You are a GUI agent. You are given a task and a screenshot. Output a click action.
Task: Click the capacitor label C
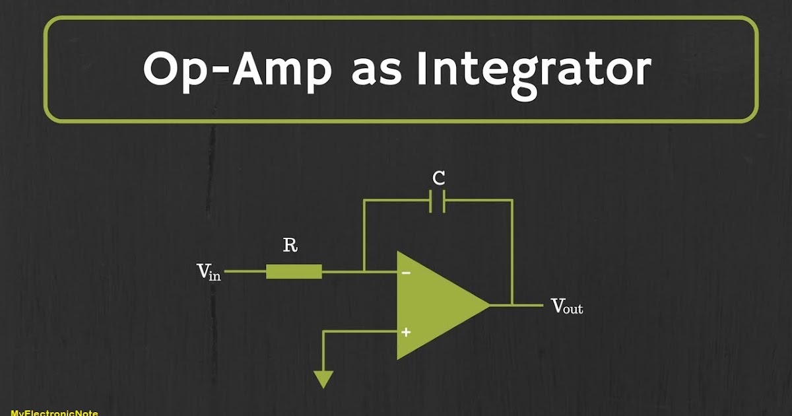pos(438,178)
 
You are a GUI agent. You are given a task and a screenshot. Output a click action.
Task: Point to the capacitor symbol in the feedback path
pos(438,201)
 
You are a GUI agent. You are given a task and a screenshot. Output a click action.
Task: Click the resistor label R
pos(290,246)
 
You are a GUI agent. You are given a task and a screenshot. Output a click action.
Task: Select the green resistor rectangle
pos(294,271)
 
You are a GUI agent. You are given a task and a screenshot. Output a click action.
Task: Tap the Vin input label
pos(209,272)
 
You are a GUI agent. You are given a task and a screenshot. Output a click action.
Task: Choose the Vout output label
pos(566,306)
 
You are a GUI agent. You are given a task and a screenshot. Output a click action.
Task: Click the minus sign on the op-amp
pos(406,272)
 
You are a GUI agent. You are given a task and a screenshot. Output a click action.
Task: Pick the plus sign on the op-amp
pos(406,332)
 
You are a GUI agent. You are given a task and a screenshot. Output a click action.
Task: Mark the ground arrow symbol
pos(323,379)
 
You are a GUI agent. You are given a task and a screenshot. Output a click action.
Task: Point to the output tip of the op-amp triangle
pos(489,305)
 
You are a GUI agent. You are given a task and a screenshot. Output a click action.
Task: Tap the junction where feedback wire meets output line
pos(511,305)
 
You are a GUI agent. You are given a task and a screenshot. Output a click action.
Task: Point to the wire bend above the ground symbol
pos(323,332)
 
